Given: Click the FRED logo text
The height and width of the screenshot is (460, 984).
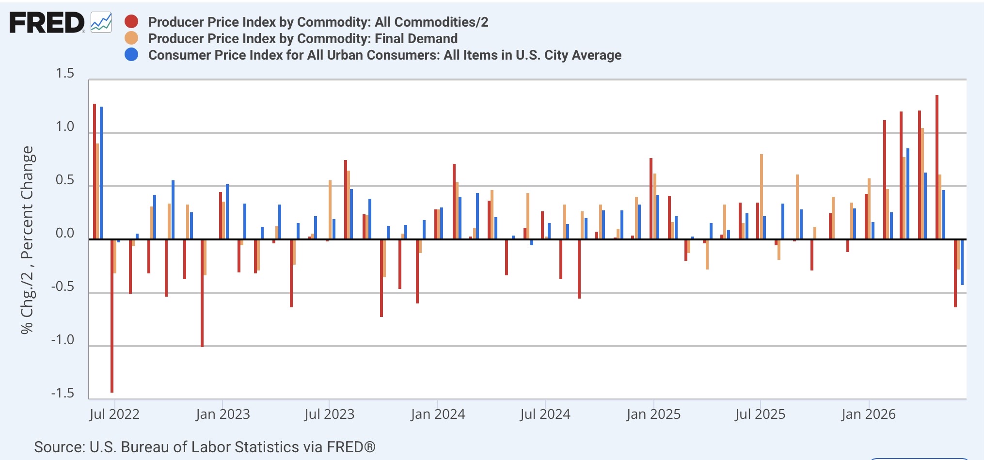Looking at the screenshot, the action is pyautogui.click(x=47, y=23).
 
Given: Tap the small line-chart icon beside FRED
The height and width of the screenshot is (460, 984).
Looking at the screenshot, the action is pyautogui.click(x=101, y=23).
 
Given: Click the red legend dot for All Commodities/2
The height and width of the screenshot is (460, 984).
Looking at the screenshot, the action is pyautogui.click(x=131, y=22).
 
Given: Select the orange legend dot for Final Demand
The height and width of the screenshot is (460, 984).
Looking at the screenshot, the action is pyautogui.click(x=131, y=38).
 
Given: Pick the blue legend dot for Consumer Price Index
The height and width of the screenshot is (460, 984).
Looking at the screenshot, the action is pyautogui.click(x=131, y=55).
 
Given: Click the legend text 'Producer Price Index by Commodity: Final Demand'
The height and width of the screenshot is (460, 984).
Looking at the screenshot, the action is pyautogui.click(x=303, y=38).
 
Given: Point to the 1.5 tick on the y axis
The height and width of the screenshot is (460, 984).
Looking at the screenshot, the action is pyautogui.click(x=65, y=73).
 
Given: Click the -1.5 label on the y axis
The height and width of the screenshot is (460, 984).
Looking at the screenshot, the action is pyautogui.click(x=63, y=393).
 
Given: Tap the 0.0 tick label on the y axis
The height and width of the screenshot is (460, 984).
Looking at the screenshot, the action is pyautogui.click(x=65, y=233).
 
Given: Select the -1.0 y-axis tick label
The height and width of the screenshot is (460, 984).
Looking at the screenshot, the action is pyautogui.click(x=63, y=340).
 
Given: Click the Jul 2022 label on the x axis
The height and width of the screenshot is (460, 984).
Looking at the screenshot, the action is pyautogui.click(x=114, y=414).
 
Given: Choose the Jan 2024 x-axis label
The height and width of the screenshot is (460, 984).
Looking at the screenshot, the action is pyautogui.click(x=438, y=414).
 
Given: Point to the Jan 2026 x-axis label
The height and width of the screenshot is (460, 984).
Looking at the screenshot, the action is pyautogui.click(x=869, y=414).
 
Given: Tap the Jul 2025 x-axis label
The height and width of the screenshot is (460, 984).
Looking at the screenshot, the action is pyautogui.click(x=760, y=414).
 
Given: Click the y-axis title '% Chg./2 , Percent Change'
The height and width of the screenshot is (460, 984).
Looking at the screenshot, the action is pyautogui.click(x=28, y=240).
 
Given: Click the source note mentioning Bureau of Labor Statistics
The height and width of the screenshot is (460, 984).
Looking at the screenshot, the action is pyautogui.click(x=205, y=447).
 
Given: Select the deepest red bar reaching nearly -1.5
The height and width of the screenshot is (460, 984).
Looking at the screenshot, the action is pyautogui.click(x=112, y=316).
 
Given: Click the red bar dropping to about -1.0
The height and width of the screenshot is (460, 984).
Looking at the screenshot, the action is pyautogui.click(x=202, y=293).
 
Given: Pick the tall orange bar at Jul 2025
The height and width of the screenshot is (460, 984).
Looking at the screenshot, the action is pyautogui.click(x=762, y=197).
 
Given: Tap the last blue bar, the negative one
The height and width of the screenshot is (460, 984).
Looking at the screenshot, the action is pyautogui.click(x=962, y=262).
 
